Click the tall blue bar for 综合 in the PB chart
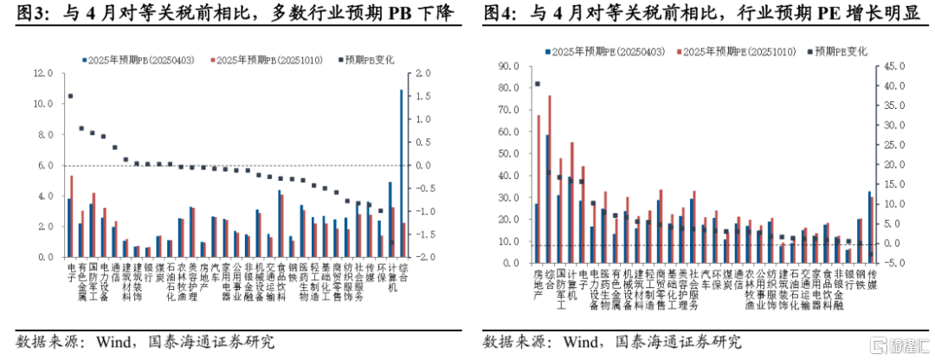pyautogui.click(x=402, y=173)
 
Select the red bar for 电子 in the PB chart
pyautogui.click(x=72, y=216)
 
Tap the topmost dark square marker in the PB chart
pyautogui.click(x=70, y=96)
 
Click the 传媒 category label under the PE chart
pyautogui.click(x=872, y=280)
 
